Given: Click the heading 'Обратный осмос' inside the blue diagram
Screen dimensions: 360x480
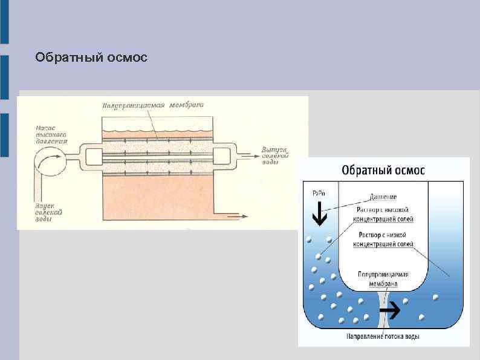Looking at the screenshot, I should pyautogui.click(x=383, y=169).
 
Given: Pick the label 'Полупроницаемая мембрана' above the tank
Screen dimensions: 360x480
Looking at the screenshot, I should pyautogui.click(x=152, y=105).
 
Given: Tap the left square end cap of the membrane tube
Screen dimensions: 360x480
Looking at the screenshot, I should pyautogui.click(x=94, y=156).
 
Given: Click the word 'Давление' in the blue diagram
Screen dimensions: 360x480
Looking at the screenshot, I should pyautogui.click(x=383, y=197).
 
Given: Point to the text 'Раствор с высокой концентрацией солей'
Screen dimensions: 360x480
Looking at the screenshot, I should pyautogui.click(x=383, y=212).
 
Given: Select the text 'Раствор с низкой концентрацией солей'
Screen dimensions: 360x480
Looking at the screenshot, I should pyautogui.click(x=383, y=239).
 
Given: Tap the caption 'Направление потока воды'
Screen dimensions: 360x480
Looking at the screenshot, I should pyautogui.click(x=383, y=336).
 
